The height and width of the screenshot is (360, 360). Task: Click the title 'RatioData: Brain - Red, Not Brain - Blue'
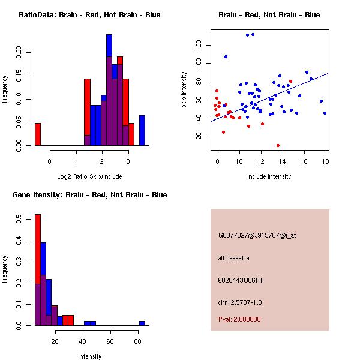click(89, 14)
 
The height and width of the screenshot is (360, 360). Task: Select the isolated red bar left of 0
click(37, 134)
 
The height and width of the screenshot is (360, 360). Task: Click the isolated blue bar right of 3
click(142, 130)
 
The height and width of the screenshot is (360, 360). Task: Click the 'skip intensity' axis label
click(185, 90)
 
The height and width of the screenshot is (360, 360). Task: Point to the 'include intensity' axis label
click(269, 176)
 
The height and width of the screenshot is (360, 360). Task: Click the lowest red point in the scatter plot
click(278, 145)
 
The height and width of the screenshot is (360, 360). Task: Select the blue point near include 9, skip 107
click(226, 56)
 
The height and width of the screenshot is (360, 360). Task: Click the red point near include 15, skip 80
click(290, 81)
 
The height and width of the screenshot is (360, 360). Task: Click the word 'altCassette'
click(233, 258)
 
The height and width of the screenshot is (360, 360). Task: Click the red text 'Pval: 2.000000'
click(239, 319)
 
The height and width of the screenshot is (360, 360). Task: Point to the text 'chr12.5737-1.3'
click(240, 302)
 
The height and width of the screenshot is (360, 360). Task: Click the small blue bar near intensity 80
click(142, 323)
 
